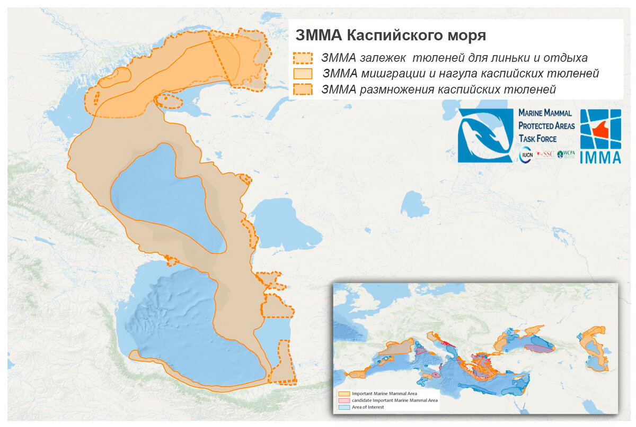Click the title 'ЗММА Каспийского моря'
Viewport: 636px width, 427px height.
pyautogui.click(x=390, y=35)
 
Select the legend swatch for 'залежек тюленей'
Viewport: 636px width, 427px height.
pyautogui.click(x=303, y=57)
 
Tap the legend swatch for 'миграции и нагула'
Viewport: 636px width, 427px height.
pyautogui.click(x=303, y=73)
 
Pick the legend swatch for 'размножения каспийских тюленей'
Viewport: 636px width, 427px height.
pyautogui.click(x=303, y=89)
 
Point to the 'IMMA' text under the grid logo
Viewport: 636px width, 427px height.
pyautogui.click(x=600, y=157)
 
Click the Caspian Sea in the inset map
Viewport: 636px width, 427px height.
pyautogui.click(x=595, y=349)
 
